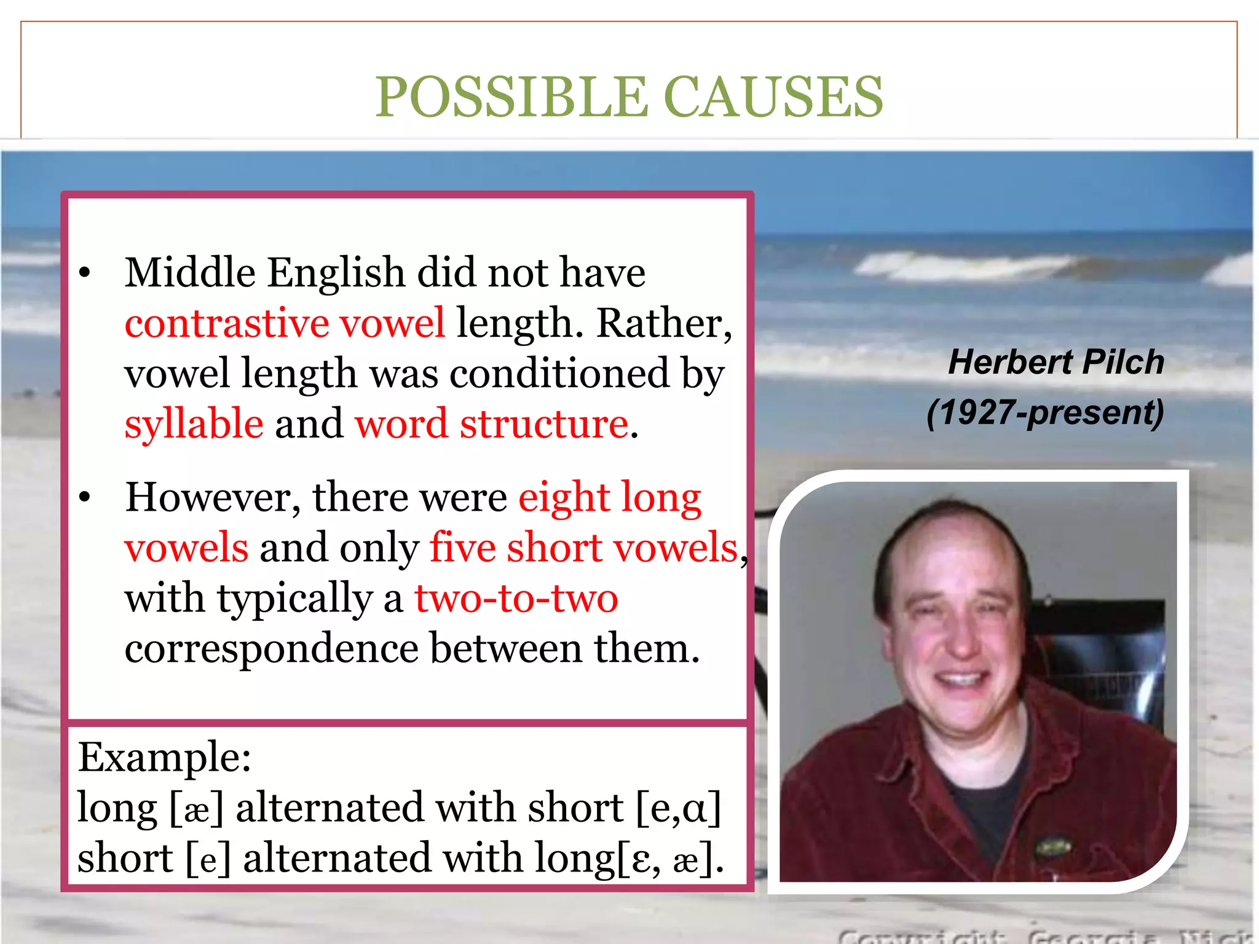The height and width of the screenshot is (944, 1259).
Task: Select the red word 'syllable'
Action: (194, 424)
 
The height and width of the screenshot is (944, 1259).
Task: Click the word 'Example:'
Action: (165, 757)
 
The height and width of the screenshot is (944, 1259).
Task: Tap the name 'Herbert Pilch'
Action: (1056, 362)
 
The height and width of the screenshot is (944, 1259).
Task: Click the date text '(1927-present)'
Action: (1045, 412)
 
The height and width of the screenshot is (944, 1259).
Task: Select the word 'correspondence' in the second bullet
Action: (271, 649)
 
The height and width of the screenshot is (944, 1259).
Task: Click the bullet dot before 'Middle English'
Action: (85, 272)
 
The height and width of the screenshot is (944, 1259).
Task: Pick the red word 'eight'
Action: (564, 497)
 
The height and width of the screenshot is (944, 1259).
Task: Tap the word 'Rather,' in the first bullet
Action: (665, 323)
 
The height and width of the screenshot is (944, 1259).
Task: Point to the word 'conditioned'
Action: (559, 374)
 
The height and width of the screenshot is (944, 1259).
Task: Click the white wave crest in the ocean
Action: (959, 265)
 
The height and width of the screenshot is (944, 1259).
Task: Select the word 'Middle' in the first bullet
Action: (190, 272)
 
